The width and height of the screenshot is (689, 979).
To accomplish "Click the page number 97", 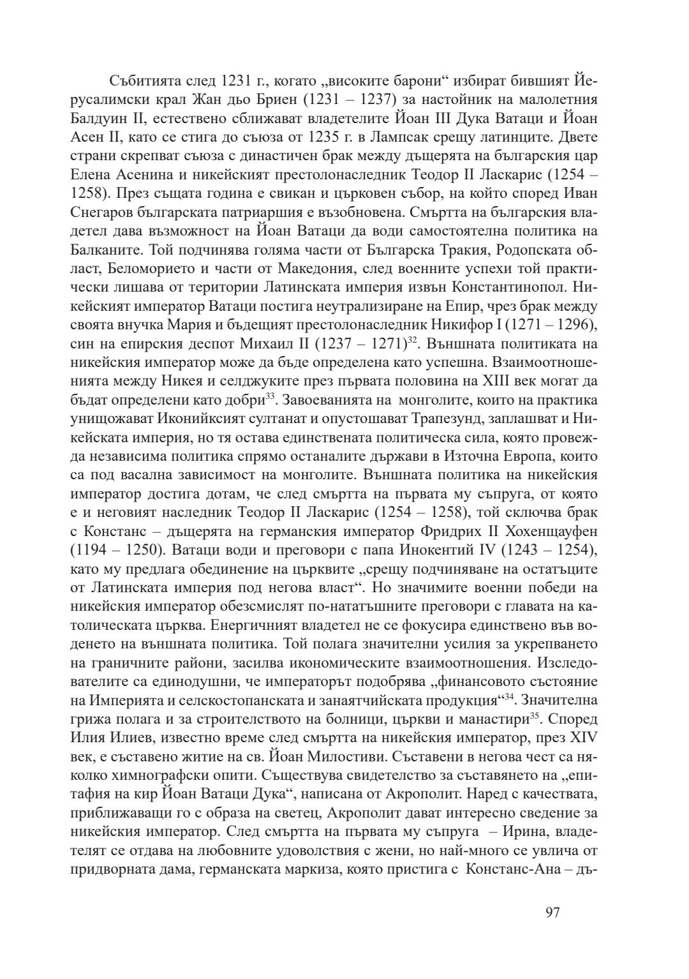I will click(x=552, y=912).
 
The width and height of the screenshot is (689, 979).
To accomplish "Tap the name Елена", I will click(x=91, y=174).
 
